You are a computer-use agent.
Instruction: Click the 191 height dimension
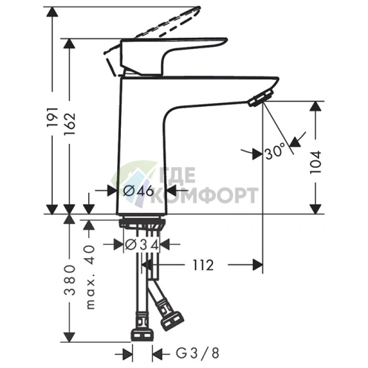coord(53,117)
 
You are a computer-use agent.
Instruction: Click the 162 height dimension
coord(69,124)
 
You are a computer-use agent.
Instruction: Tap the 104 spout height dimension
coord(315,162)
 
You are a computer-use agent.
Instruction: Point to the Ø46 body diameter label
coord(139,191)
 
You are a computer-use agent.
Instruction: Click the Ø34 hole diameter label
coord(142,245)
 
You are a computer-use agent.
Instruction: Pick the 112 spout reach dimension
coord(203,265)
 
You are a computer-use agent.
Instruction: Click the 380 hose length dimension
coord(70,280)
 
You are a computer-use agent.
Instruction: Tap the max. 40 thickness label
coord(91,277)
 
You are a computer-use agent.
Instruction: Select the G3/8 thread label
coord(197,353)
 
